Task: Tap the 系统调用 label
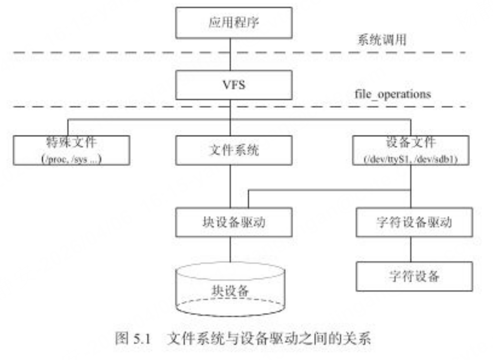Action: click(x=381, y=40)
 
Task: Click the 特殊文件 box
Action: click(x=71, y=150)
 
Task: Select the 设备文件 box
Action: click(x=411, y=150)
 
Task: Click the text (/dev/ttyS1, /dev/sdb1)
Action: click(x=411, y=159)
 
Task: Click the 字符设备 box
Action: click(x=413, y=276)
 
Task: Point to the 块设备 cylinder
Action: click(x=230, y=289)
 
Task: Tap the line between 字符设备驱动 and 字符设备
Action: click(x=411, y=249)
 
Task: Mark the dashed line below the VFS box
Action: click(x=130, y=106)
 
